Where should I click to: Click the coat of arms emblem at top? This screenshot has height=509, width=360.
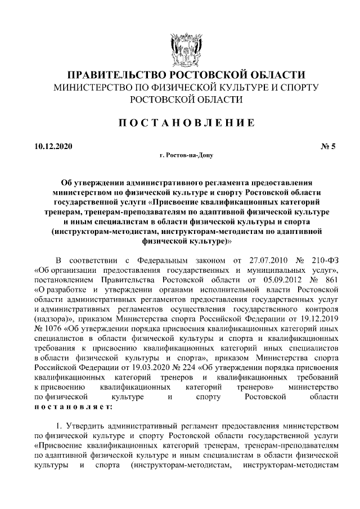point(181,49)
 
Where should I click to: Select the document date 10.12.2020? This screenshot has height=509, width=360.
point(53,147)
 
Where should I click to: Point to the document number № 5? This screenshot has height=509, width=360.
point(328,147)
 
